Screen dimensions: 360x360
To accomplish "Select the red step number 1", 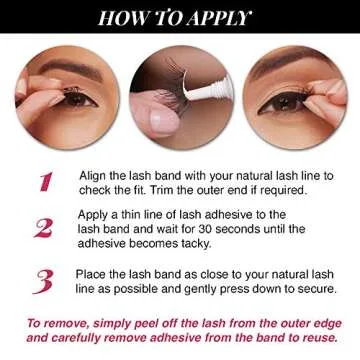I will click(x=45, y=181).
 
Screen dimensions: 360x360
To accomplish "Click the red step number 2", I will click(x=44, y=228).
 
